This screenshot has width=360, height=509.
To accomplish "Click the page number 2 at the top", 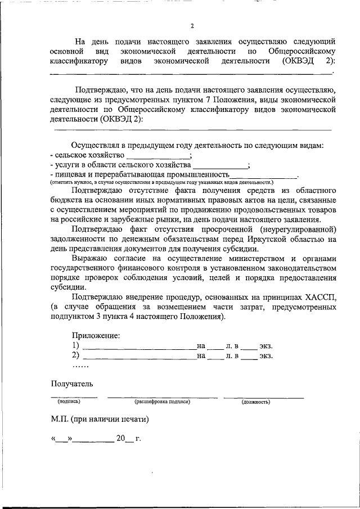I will pyautogui.click(x=192, y=26).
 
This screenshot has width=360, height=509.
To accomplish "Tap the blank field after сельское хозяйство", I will pyautogui.click(x=158, y=155).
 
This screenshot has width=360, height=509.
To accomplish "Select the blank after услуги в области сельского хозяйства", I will pyautogui.click(x=220, y=165).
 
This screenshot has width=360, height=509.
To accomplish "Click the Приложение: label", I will pyautogui.click(x=96, y=336).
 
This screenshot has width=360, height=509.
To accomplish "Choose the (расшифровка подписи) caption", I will pyautogui.click(x=162, y=402).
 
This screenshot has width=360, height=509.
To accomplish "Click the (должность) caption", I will pyautogui.click(x=256, y=402).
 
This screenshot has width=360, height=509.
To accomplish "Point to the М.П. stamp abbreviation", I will pyautogui.click(x=60, y=419).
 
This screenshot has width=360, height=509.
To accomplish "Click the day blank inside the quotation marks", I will pyautogui.click(x=62, y=438).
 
